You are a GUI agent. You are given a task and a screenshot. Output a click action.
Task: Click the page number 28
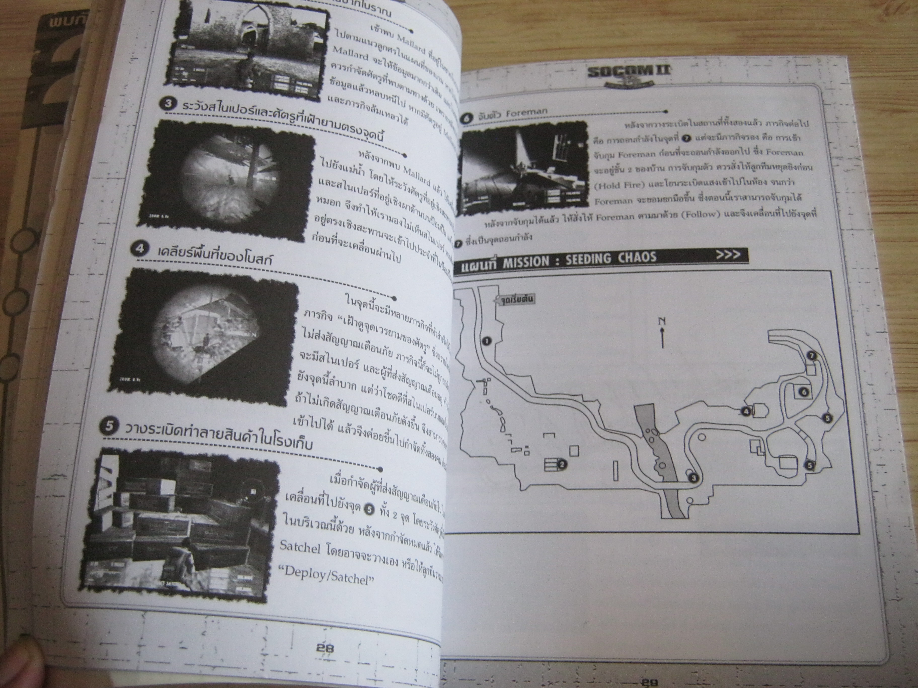(x=325, y=647)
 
